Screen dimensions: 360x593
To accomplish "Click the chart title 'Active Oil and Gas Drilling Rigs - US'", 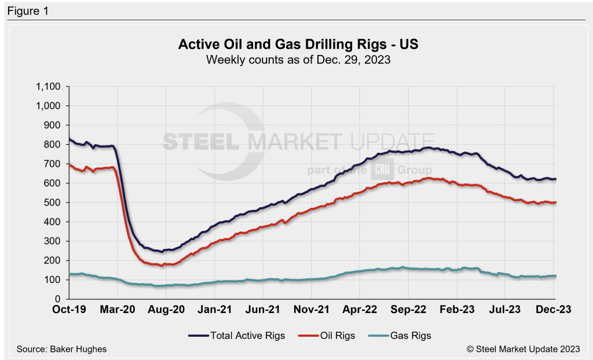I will tap(296, 45).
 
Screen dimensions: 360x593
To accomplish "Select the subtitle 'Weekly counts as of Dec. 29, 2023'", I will tap(296, 60).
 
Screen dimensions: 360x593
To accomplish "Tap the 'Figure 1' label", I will tap(27, 10).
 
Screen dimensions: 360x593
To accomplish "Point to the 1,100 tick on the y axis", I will tap(49, 87).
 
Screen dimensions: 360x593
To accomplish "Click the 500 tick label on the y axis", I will tap(53, 203).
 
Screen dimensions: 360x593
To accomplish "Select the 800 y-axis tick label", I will tap(53, 145).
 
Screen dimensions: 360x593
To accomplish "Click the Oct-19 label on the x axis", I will tap(68, 310).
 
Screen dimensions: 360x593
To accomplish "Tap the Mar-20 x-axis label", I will tap(118, 310).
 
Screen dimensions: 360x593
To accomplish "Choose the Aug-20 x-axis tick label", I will tap(166, 310).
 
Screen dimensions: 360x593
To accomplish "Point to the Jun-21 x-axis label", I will tap(263, 310).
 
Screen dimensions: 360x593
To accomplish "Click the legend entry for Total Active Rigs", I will tap(237, 335).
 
